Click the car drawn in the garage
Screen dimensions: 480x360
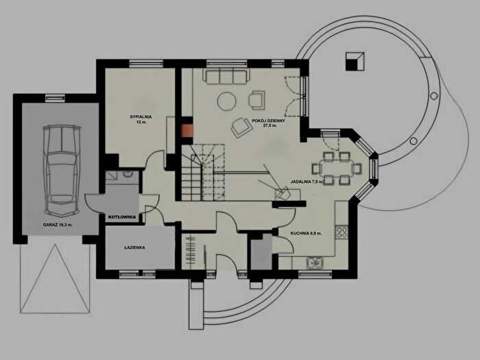click(62, 171)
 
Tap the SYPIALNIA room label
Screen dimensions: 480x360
click(141, 117)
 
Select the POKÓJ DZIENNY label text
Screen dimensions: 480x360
click(269, 121)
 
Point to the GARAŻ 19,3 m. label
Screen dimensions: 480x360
click(58, 225)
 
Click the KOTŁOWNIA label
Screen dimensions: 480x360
click(122, 217)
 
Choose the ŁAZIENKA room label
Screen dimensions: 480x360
click(134, 248)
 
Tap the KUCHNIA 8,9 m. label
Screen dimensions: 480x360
click(306, 233)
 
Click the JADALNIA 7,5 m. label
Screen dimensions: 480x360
click(307, 182)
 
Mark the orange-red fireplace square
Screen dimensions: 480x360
click(187, 131)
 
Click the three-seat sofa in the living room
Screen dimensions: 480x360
click(226, 77)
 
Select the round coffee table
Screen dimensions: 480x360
click(227, 101)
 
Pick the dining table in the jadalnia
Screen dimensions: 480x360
click(337, 169)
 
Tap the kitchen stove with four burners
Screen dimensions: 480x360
click(341, 232)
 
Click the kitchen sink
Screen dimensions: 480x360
click(314, 263)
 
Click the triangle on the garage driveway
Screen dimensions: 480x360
click(55, 278)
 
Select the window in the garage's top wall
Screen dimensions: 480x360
click(55, 98)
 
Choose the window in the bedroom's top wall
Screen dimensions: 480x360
click(145, 63)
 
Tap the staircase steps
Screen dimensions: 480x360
click(203, 172)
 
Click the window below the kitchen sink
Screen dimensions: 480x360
click(315, 274)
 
